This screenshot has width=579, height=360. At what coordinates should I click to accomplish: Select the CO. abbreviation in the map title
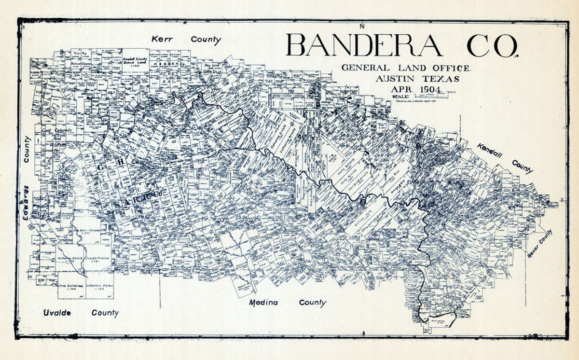492,46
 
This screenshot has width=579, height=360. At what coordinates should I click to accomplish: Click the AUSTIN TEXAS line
418,78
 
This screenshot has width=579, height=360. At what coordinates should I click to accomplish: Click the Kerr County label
186,40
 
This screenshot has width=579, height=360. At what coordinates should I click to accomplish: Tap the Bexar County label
539,244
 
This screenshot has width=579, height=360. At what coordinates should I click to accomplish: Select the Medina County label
287,303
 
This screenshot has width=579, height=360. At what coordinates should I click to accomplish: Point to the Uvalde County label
80,313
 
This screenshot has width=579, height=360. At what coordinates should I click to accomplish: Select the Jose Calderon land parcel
71,286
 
